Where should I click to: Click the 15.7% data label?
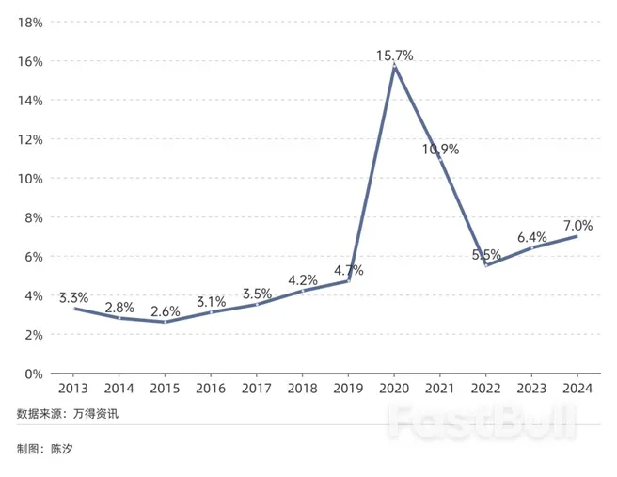[x=396, y=56]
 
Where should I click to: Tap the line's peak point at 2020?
[x=395, y=67]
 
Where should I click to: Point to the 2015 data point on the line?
[x=165, y=322]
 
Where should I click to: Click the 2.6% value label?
[x=165, y=310]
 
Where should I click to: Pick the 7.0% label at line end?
[x=577, y=226]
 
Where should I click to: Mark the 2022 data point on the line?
[x=486, y=265]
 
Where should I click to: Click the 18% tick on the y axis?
[x=31, y=22]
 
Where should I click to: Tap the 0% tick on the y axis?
[x=34, y=374]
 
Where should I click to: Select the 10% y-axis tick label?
[x=31, y=178]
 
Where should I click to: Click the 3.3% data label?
[x=73, y=297]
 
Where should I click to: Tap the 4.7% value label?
[x=348, y=270]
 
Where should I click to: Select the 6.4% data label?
[x=531, y=237]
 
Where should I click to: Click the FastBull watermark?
[x=483, y=423]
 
